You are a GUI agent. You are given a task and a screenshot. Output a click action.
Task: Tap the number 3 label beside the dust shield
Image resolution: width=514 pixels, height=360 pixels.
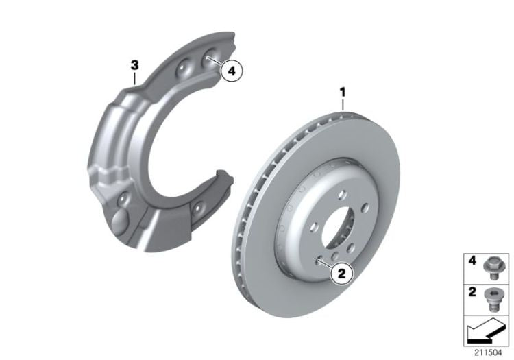(135, 65)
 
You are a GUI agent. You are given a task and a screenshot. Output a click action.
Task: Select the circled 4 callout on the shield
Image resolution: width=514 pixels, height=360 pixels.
(232, 70)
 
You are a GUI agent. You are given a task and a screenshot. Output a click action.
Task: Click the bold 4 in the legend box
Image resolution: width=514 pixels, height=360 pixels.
(471, 261)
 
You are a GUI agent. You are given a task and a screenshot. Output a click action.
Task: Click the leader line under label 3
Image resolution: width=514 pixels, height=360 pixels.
(136, 77)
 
